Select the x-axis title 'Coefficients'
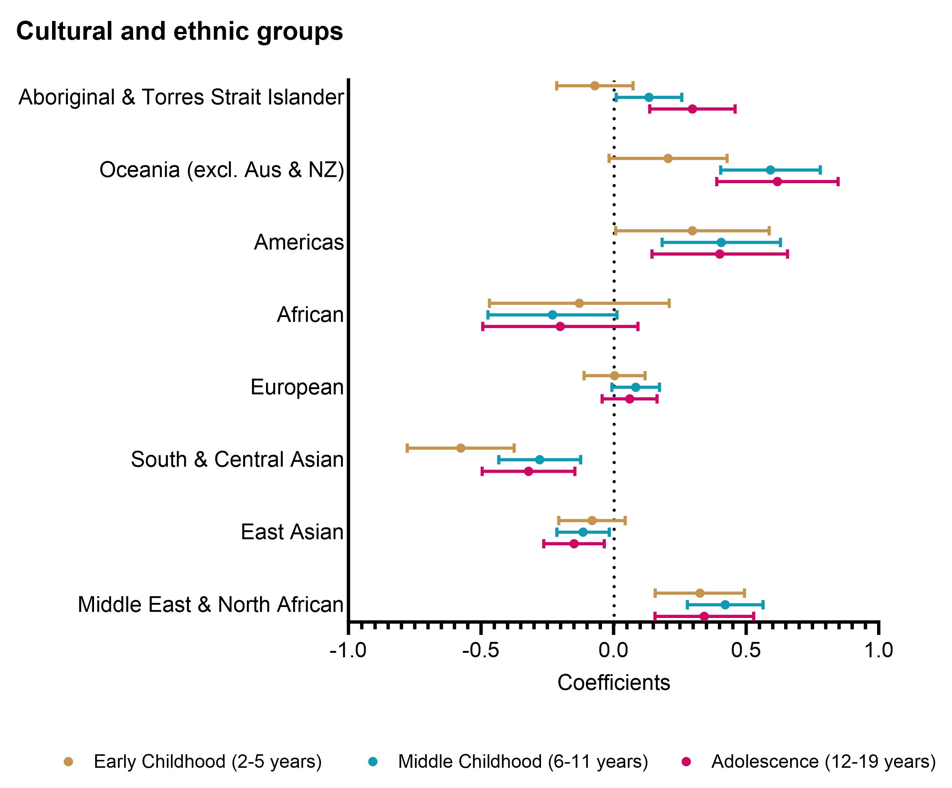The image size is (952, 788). (x=613, y=682)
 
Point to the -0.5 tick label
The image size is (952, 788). (x=481, y=650)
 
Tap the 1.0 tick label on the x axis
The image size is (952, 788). (x=878, y=650)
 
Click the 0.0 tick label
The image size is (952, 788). (x=613, y=650)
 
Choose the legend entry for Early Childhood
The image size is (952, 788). (x=207, y=761)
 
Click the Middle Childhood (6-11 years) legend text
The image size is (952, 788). (x=523, y=761)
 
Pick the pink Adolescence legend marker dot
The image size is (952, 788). (x=686, y=762)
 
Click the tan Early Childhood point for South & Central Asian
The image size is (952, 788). (x=460, y=448)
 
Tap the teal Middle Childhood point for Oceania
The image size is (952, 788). (x=770, y=170)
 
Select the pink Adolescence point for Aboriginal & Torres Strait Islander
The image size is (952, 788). (x=692, y=109)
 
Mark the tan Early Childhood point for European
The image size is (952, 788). (x=614, y=376)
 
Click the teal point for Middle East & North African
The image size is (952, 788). (x=725, y=604)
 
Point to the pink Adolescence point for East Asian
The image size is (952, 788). (x=574, y=544)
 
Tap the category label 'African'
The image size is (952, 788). (x=310, y=315)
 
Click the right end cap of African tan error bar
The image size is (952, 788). (x=669, y=303)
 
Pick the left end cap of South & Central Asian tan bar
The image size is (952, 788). (x=407, y=448)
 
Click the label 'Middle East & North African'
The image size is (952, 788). (x=210, y=604)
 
